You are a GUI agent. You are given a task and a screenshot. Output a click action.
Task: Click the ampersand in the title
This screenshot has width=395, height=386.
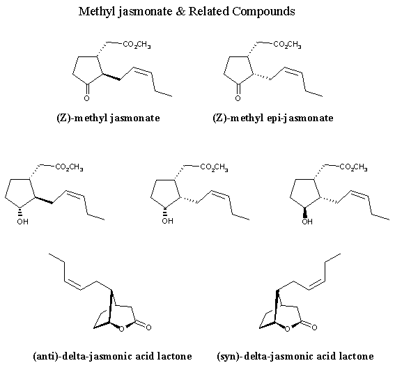(x=180, y=12)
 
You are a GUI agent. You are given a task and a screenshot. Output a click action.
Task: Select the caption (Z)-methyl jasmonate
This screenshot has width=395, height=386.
(x=108, y=118)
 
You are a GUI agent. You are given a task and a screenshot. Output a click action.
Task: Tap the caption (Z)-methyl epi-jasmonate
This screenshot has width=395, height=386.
(x=273, y=118)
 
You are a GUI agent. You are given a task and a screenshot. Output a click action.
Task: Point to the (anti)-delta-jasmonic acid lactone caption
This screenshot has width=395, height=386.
(x=113, y=356)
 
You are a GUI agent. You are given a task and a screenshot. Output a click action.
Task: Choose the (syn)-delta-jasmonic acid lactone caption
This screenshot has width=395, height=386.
(x=295, y=356)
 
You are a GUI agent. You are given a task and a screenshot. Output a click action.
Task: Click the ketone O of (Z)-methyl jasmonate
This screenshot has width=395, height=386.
(x=86, y=98)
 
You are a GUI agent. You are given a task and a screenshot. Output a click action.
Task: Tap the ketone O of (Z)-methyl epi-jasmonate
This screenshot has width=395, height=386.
(x=238, y=98)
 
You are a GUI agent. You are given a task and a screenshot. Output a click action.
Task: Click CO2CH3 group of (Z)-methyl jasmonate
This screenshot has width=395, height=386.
(x=137, y=45)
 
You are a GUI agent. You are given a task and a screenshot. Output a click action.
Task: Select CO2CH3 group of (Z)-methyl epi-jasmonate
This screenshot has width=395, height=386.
(x=287, y=45)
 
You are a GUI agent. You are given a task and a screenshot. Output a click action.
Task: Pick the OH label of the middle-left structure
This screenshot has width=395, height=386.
(x=23, y=222)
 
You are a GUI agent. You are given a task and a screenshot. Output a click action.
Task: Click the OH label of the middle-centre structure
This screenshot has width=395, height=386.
(x=167, y=221)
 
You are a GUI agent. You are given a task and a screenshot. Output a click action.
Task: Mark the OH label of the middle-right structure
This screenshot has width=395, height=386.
(x=307, y=222)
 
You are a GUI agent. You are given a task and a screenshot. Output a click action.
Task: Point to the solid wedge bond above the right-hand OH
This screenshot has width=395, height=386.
(x=305, y=212)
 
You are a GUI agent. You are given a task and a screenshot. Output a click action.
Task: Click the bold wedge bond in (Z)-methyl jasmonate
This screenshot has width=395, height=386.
(x=111, y=77)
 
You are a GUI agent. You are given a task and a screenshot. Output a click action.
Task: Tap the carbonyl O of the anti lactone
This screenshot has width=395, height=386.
(x=148, y=327)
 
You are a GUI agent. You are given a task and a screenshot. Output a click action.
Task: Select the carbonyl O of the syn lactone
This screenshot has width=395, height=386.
(x=314, y=327)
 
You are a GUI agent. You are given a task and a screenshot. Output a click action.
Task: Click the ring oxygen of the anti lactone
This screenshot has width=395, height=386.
(x=121, y=329)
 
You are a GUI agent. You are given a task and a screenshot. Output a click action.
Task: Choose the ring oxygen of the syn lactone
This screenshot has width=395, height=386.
(x=287, y=329)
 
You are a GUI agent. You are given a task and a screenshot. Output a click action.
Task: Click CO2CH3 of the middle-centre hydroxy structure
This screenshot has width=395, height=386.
(x=214, y=167)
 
